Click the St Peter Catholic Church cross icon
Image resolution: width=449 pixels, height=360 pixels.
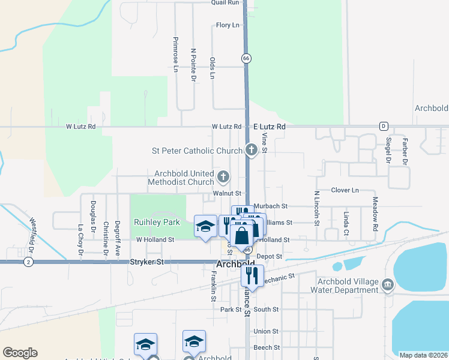pyautogui.click(x=252, y=149)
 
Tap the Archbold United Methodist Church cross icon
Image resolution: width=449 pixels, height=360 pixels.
pyautogui.click(x=223, y=176)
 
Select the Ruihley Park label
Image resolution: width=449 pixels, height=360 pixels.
pyautogui.click(x=157, y=222)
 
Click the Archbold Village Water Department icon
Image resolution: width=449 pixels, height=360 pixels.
pyautogui.click(x=387, y=283)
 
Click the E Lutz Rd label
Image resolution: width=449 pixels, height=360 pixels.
pyautogui.click(x=268, y=127)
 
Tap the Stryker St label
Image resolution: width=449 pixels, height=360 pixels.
pyautogui.click(x=147, y=262)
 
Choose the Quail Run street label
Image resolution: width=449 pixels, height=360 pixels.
pyautogui.click(x=225, y=2)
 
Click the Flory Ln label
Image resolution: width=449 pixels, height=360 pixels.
pyautogui.click(x=228, y=25)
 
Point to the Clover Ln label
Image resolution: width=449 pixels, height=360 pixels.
pyautogui.click(x=345, y=190)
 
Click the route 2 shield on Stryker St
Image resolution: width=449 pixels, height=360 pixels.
pyautogui.click(x=28, y=262)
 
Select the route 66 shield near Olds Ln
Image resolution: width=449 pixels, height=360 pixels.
pyautogui.click(x=246, y=58)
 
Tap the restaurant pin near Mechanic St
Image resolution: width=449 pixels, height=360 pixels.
pyautogui.click(x=252, y=275)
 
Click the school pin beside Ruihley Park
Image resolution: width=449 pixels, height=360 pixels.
pyautogui.click(x=205, y=226)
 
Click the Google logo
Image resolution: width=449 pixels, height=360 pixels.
pyautogui.click(x=20, y=353)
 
